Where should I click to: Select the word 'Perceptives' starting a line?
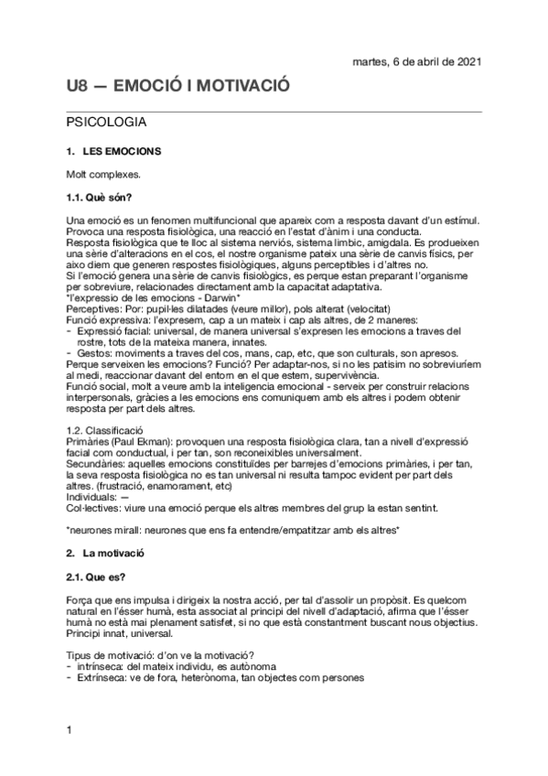(x=95, y=309)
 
